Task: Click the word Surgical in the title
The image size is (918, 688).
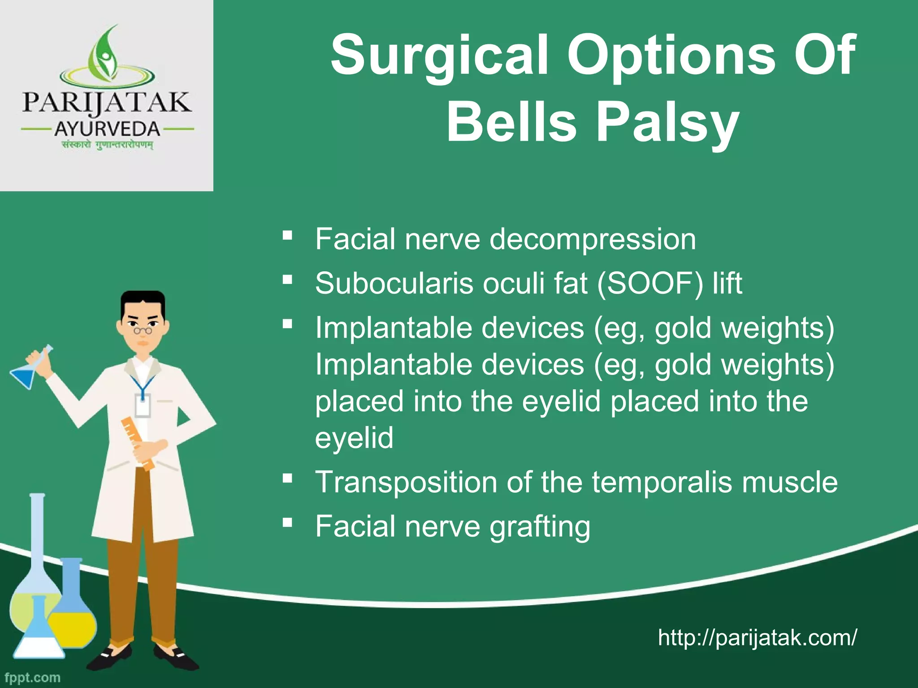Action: pyautogui.click(x=439, y=56)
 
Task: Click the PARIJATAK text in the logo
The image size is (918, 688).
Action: pyautogui.click(x=107, y=103)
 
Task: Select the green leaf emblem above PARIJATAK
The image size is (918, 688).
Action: pyautogui.click(x=107, y=52)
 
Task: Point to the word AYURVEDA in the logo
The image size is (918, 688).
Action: pyautogui.click(x=107, y=129)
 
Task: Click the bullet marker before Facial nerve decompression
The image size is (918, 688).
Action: pyautogui.click(x=288, y=235)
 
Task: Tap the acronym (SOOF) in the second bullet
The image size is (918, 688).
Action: pyautogui.click(x=650, y=284)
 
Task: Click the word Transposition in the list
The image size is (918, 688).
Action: pyautogui.click(x=406, y=482)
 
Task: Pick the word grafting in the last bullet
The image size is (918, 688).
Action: pyautogui.click(x=540, y=526)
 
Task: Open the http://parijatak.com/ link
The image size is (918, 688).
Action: pyautogui.click(x=757, y=637)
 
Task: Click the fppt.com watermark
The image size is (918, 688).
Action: pyautogui.click(x=32, y=678)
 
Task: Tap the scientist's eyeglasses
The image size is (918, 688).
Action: pyautogui.click(x=143, y=331)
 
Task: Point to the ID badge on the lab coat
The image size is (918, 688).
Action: pyautogui.click(x=143, y=405)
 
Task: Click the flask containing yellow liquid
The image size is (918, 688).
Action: pyautogui.click(x=72, y=614)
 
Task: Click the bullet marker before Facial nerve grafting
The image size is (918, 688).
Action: pyautogui.click(x=288, y=522)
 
